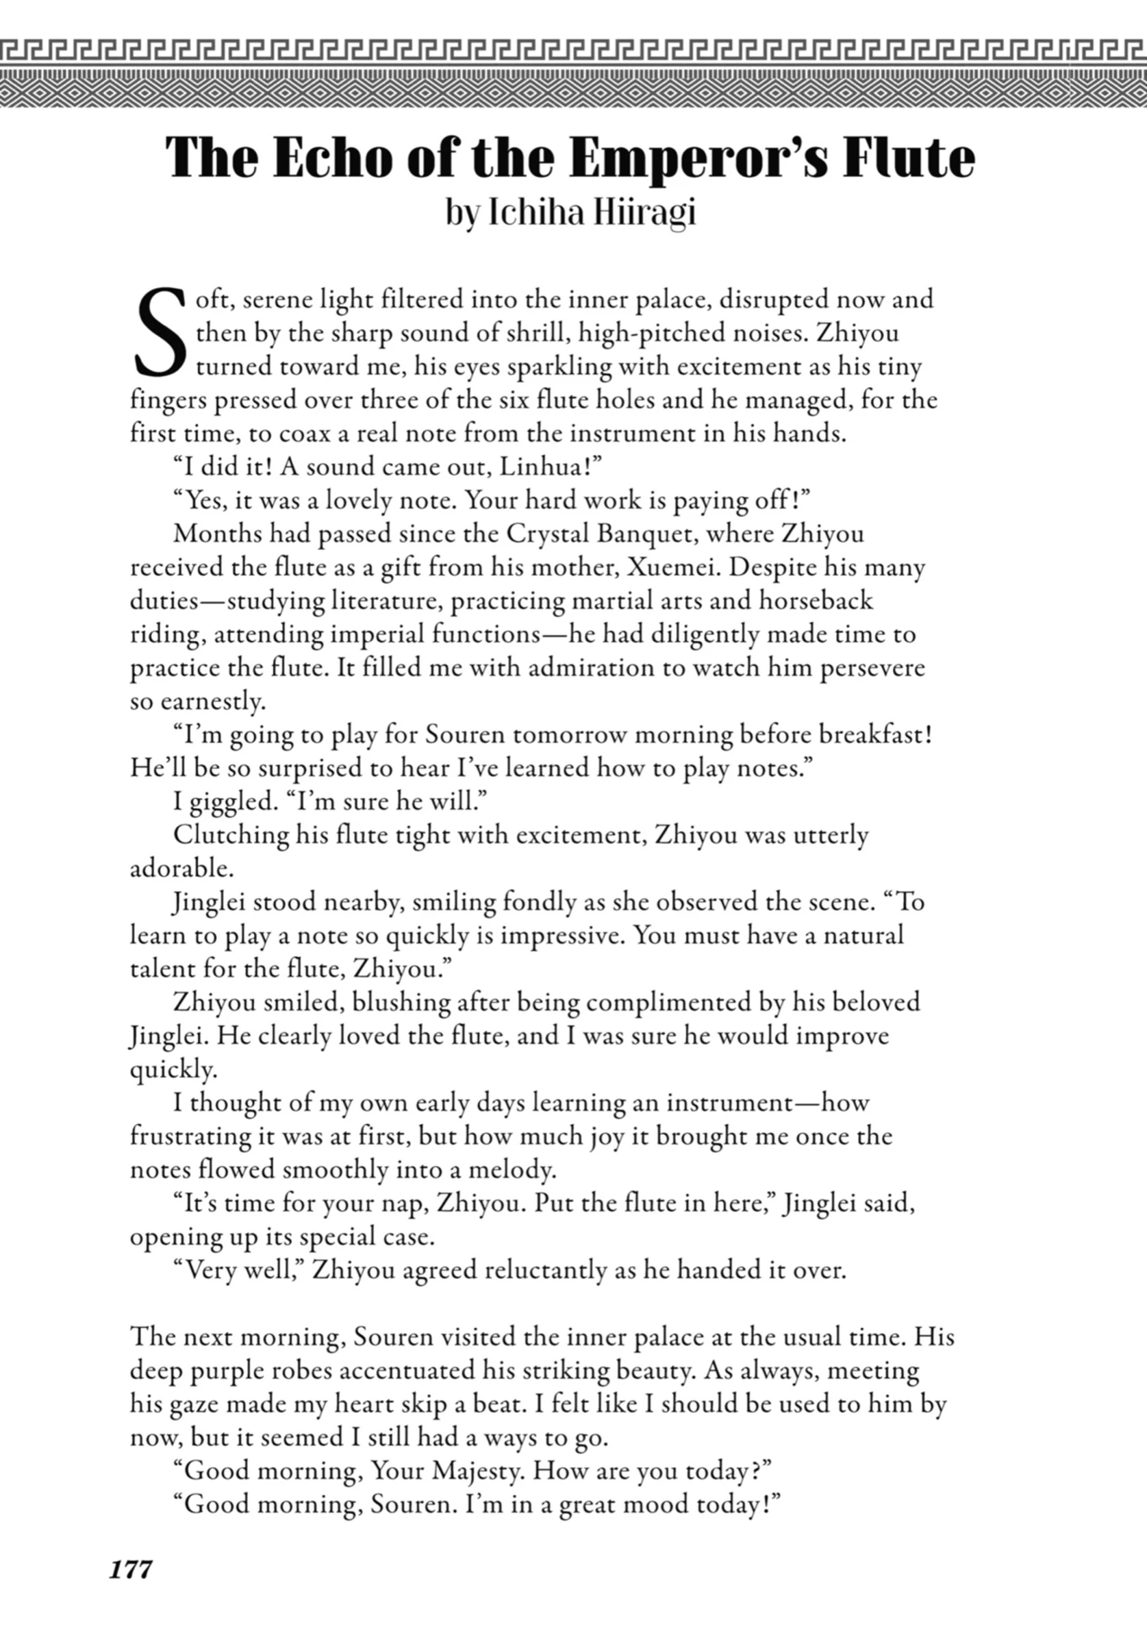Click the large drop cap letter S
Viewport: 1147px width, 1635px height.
point(160,333)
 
